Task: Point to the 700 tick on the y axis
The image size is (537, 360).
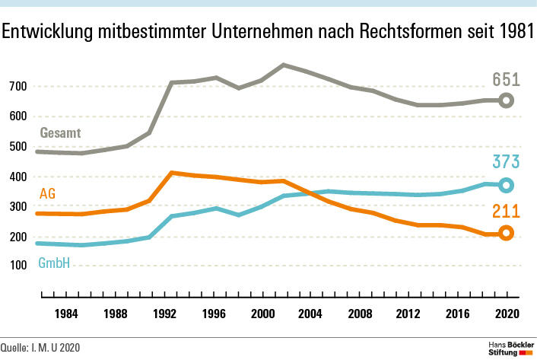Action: point(18,87)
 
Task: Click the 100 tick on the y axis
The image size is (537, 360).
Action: point(18,266)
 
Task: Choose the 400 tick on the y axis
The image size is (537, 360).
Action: point(18,177)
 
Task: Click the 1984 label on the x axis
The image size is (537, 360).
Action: point(65,313)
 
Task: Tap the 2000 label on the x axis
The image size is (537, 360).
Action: point(262,313)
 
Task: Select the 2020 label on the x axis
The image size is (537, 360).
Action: point(507,313)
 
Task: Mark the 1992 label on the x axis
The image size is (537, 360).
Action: point(164,313)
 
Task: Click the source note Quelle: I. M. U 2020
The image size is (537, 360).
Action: point(40,349)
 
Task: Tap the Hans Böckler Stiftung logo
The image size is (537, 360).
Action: point(510,349)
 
